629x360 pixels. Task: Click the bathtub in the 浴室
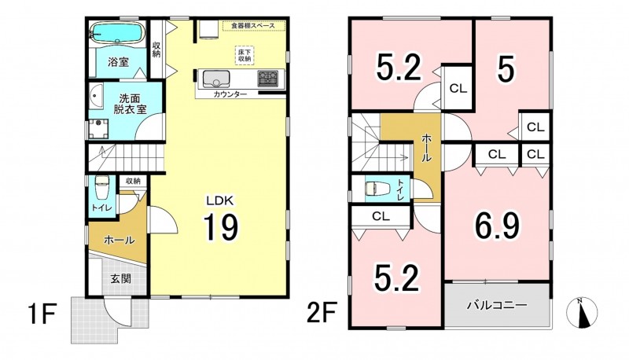pos(117,32)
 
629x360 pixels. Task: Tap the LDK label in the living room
pos(219,200)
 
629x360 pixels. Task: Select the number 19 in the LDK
pos(221,227)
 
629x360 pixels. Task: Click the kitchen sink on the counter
pos(216,79)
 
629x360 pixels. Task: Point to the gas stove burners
pos(267,78)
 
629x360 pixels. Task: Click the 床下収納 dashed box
pos(245,55)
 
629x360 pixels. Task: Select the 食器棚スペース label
pos(254,26)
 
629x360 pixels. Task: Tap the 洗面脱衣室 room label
pos(130,104)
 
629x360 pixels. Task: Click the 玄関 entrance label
pos(120,278)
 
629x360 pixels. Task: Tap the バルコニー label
pos(497,306)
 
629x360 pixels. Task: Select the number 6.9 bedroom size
pos(497,226)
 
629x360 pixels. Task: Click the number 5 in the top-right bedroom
pos(506,71)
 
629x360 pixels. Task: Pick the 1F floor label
pos(42,314)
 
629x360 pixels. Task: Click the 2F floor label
pos(321,313)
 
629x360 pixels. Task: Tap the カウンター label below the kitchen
pos(230,94)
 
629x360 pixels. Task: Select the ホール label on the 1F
pos(120,241)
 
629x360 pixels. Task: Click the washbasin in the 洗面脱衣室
pos(95,97)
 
